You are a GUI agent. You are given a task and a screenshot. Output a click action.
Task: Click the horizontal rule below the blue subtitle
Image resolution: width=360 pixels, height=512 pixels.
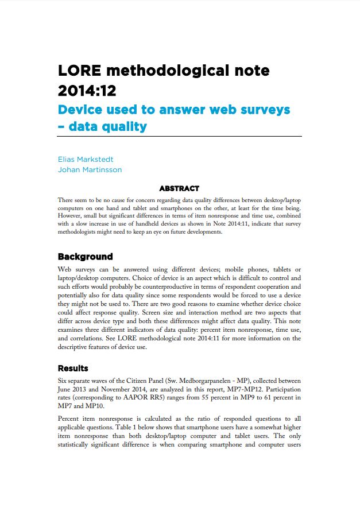179,136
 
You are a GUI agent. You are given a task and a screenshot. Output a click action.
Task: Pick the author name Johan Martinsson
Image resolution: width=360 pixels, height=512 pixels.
90,169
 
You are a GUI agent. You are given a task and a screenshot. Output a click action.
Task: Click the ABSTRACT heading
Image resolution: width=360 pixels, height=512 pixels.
179,188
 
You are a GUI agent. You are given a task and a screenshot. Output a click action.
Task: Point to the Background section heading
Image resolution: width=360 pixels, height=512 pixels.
85,257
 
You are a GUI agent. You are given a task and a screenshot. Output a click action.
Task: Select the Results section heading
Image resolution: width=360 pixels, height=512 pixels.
73,368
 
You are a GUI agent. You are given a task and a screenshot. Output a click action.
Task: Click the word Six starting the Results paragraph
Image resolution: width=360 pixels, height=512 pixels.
63,380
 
